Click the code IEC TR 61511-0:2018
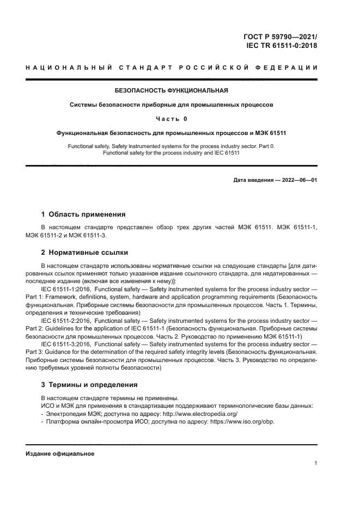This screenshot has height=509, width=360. coord(282,46)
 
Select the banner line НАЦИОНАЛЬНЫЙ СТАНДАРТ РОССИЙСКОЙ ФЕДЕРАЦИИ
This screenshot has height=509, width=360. coord(172,68)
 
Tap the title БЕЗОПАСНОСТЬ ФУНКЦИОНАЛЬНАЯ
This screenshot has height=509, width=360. coord(171,90)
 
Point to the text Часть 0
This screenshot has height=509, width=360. coord(172,118)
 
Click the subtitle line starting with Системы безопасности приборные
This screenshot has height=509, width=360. coord(171,104)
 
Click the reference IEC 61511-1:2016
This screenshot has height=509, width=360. coord(64,288)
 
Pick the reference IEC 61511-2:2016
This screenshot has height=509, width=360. coord(64,323)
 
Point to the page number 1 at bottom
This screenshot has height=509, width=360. coord(315,463)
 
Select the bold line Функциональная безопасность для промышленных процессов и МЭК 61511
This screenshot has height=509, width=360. coord(171,132)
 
